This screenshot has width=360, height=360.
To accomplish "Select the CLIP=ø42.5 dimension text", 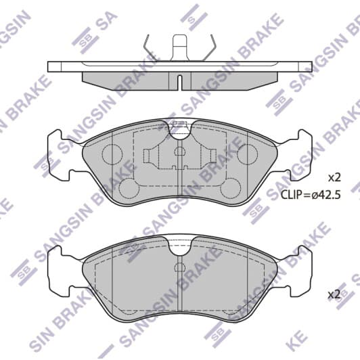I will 309,194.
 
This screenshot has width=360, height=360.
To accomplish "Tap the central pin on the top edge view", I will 180,47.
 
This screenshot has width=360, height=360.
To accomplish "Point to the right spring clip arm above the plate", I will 210,48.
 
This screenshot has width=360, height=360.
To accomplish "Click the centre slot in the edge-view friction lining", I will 180,81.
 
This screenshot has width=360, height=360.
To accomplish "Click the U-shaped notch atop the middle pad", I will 180,131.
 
